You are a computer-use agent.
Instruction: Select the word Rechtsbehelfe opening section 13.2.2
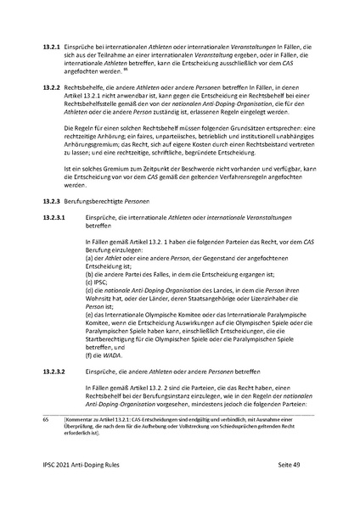click(x=93, y=87)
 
